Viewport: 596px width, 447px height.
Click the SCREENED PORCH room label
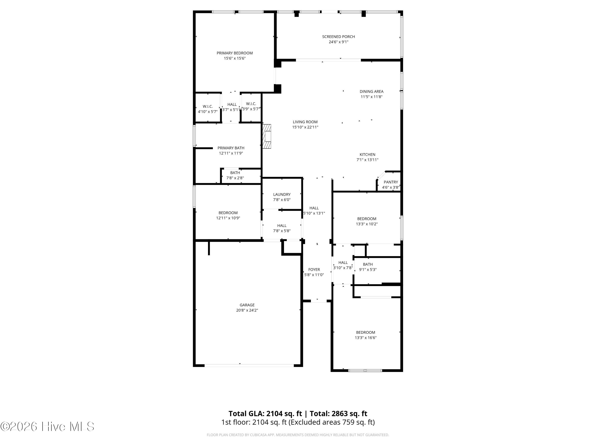(x=338, y=37)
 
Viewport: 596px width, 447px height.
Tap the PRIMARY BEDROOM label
(x=235, y=53)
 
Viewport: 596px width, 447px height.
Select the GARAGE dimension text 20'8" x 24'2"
(x=247, y=310)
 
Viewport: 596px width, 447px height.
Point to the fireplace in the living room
(x=267, y=136)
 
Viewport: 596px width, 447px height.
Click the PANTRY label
(x=391, y=182)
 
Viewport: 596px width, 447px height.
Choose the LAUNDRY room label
(x=282, y=194)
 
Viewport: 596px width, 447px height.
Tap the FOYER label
(x=314, y=269)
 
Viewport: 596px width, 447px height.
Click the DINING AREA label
(x=372, y=92)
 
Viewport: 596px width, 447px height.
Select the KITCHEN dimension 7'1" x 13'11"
(x=368, y=160)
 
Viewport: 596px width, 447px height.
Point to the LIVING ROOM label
(x=305, y=122)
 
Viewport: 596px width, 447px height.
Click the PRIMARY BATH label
(x=231, y=148)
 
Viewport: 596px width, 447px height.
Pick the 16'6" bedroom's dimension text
(x=366, y=338)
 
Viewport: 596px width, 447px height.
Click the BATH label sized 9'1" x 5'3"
(x=368, y=264)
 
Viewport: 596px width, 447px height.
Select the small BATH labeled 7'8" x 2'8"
(x=235, y=173)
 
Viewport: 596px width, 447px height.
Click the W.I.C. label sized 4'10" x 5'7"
(x=208, y=106)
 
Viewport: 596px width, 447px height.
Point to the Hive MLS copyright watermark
(x=47, y=427)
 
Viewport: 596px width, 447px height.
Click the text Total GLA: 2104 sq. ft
(x=265, y=414)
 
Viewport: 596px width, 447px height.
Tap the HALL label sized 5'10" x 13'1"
(x=314, y=208)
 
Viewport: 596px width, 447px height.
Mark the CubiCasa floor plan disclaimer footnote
(x=298, y=435)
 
